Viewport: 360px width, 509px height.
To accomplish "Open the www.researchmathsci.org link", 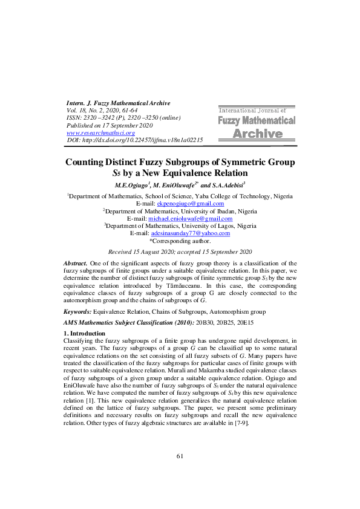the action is [x=100, y=132].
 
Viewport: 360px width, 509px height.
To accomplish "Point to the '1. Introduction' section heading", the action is [x=88, y=333].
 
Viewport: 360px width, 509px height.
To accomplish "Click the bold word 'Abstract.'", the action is [x=76, y=265].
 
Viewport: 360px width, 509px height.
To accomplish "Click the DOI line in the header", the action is [x=134, y=140].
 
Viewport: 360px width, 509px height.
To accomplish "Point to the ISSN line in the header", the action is [x=123, y=118].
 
